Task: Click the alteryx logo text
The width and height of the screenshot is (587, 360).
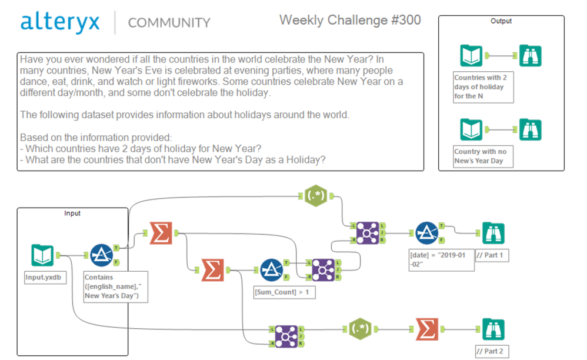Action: coord(61,22)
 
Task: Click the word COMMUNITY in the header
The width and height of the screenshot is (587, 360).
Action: coord(169,23)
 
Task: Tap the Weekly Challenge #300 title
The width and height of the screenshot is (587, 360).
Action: coord(350,20)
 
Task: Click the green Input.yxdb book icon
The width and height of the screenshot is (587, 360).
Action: coord(42,255)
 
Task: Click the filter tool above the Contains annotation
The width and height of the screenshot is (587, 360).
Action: coord(101,255)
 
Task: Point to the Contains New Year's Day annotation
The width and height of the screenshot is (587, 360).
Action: coord(114,286)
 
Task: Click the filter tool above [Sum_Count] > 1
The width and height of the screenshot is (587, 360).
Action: coord(271,270)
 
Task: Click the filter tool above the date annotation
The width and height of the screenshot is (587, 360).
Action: coord(426,233)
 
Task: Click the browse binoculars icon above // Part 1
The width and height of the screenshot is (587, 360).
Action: coord(493,233)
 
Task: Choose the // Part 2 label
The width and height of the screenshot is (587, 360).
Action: coord(490,352)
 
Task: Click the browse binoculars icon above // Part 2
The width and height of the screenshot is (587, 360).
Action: coord(493,330)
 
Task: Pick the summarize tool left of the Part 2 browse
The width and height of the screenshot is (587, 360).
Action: coord(427,330)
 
